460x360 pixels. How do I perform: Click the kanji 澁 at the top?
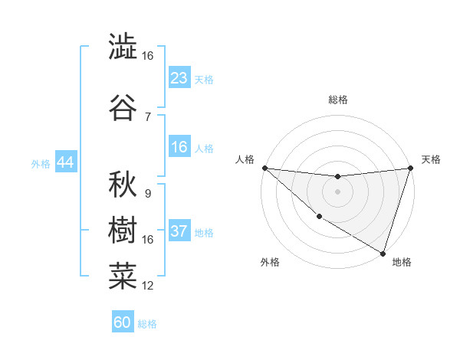(122, 47)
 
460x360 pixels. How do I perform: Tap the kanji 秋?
(122, 185)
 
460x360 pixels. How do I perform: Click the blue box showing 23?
(179, 78)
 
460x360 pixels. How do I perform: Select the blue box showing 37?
(179, 232)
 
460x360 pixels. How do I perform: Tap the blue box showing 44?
(65, 162)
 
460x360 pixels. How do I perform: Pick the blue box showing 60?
(123, 322)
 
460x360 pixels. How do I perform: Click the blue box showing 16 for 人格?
(179, 147)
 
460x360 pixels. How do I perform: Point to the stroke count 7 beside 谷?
(147, 116)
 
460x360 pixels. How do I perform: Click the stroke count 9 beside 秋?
(147, 194)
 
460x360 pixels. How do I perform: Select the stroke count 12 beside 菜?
(147, 286)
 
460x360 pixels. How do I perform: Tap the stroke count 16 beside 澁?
(147, 56)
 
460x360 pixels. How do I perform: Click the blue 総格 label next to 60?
(147, 324)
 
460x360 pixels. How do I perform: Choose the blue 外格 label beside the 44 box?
(41, 163)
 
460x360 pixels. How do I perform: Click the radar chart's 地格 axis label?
(402, 262)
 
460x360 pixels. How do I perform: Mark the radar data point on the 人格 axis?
(264, 168)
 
